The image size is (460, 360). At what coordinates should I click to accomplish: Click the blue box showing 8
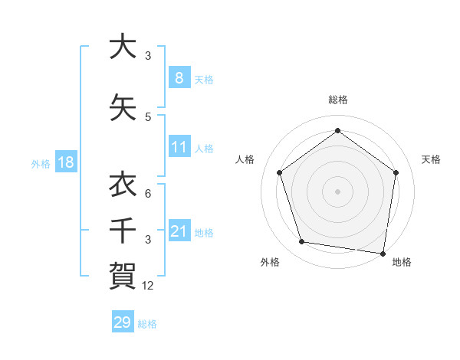(179, 78)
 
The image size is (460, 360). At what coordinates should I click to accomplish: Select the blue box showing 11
(179, 147)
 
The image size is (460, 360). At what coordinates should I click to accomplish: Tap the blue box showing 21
(179, 231)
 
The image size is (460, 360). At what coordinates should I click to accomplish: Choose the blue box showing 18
(65, 162)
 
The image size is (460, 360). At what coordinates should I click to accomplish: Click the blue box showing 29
(122, 322)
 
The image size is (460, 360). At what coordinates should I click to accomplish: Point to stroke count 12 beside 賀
(149, 286)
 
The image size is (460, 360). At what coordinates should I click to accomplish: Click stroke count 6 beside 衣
(148, 194)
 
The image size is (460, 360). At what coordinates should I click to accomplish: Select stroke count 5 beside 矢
(148, 117)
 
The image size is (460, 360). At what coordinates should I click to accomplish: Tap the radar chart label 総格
(338, 100)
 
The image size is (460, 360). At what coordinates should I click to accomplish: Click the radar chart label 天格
(432, 159)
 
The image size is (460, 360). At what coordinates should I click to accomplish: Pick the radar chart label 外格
(270, 262)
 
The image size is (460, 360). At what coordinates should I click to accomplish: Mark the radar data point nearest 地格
(383, 252)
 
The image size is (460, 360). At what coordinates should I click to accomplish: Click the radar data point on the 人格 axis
(280, 172)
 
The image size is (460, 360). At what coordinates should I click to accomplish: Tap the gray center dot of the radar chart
(338, 191)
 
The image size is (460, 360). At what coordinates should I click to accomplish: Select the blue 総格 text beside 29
(147, 324)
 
